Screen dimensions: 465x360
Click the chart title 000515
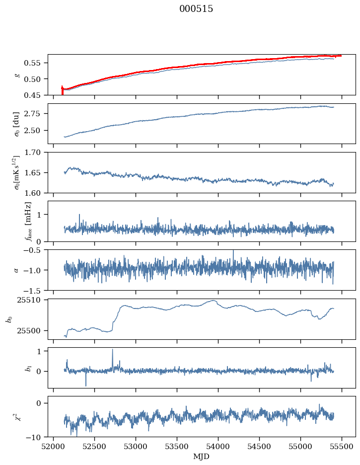(x=196, y=9)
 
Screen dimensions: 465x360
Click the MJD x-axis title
(x=202, y=456)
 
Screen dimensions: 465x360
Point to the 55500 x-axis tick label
(x=342, y=446)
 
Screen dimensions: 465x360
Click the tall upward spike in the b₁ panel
(x=112, y=350)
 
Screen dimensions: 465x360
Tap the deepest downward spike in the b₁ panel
(x=86, y=385)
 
